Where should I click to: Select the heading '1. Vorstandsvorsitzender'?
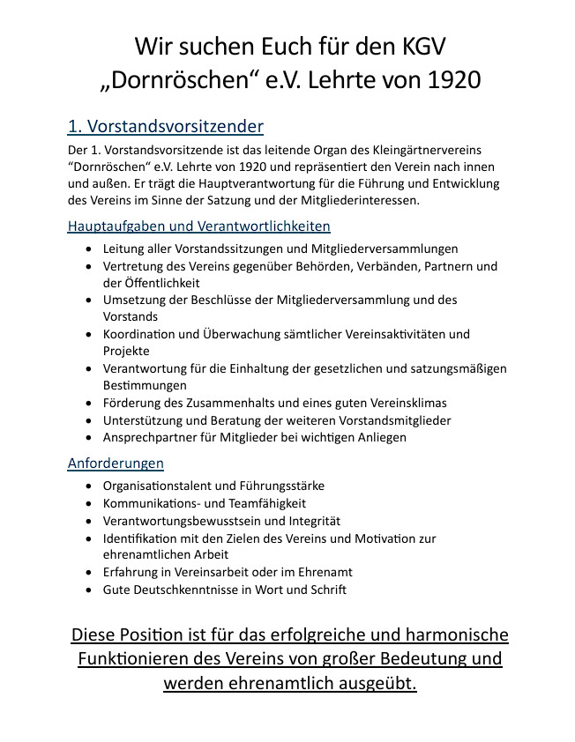point(165,127)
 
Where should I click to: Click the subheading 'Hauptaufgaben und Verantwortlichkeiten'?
point(198,226)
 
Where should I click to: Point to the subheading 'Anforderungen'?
point(116,463)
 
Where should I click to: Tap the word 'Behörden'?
point(306,266)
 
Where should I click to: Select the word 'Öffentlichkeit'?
point(151,283)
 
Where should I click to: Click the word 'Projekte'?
point(126,351)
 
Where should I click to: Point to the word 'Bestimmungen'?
point(145,385)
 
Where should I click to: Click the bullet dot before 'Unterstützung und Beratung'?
point(89,420)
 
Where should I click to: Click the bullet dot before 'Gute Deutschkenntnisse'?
point(89,590)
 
